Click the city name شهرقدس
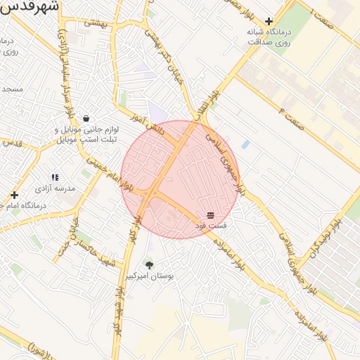(31, 8)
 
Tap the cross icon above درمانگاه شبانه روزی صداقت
(269, 22)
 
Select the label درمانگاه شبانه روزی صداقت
(269, 37)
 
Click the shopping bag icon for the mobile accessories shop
(86, 118)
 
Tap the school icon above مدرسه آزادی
(55, 178)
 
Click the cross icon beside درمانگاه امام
(14, 195)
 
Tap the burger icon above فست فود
(210, 214)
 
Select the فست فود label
(211, 226)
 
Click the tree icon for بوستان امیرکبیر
(149, 265)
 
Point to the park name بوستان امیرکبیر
(149, 276)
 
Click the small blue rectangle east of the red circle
(245, 144)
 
